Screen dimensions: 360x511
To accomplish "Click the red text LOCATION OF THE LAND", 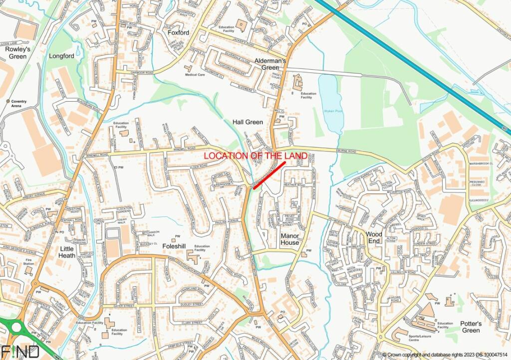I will [x=255, y=156].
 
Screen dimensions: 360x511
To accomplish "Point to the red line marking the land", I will [x=269, y=175].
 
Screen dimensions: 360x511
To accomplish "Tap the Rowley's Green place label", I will [x=17, y=52].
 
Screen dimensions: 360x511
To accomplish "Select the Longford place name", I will [x=61, y=56].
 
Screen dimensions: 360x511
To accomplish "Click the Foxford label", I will [x=178, y=32].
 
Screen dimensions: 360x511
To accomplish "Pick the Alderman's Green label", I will [x=270, y=64].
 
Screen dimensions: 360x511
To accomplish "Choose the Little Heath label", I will [x=67, y=252].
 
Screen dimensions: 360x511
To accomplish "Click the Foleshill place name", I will [x=174, y=245].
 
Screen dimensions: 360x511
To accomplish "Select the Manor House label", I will [x=290, y=239].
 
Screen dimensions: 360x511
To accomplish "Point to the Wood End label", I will [x=374, y=237].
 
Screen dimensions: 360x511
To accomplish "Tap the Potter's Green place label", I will [x=471, y=327].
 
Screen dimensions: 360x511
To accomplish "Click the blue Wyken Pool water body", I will [x=331, y=100].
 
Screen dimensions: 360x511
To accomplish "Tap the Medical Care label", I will [x=195, y=75].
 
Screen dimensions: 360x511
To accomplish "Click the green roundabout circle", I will [x=16, y=328].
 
